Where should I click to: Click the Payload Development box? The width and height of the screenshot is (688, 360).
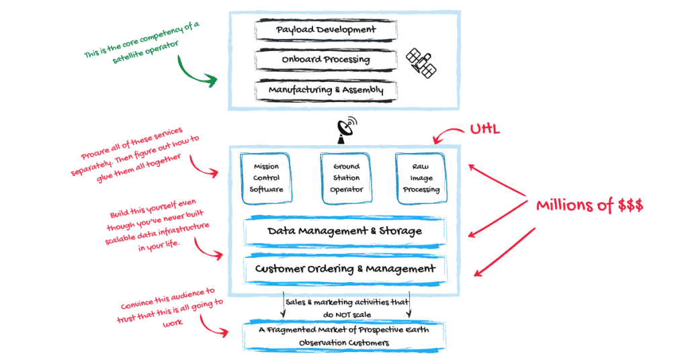click(x=326, y=30)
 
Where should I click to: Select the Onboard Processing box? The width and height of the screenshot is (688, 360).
click(x=326, y=60)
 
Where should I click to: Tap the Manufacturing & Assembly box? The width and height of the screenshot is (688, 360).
click(x=326, y=89)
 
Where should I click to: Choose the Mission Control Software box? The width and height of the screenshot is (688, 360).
click(x=267, y=178)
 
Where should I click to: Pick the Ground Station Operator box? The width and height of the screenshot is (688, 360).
click(x=345, y=178)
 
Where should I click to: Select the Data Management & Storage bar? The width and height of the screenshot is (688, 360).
click(x=345, y=231)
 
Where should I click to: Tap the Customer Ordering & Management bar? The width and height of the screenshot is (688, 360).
click(x=345, y=269)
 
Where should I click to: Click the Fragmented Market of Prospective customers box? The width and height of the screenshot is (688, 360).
click(x=345, y=337)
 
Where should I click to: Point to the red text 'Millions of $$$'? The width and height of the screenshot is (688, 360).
click(x=589, y=206)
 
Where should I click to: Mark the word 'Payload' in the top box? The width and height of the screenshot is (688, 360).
click(x=298, y=30)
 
